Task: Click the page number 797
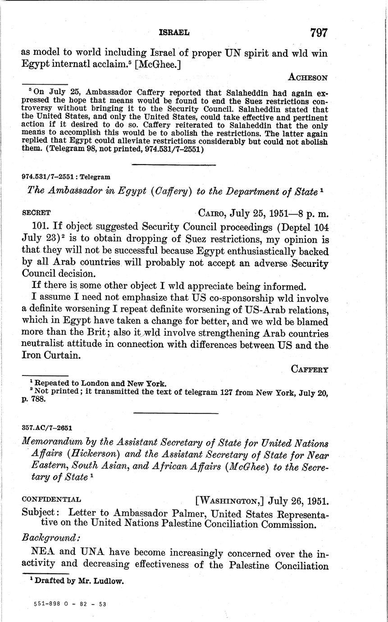pyautogui.click(x=318, y=32)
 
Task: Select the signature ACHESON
pyautogui.click(x=308, y=78)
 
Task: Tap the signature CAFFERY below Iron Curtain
pyautogui.click(x=310, y=370)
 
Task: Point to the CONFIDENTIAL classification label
pyautogui.click(x=51, y=499)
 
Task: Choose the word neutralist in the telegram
pyautogui.click(x=49, y=345)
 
